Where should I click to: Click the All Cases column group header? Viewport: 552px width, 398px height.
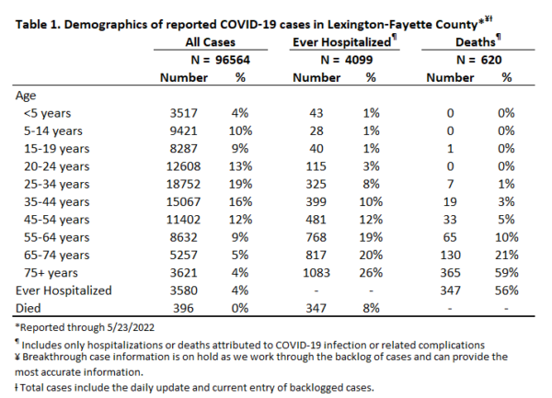pos(210,42)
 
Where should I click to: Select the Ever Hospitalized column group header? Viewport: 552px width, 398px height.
pos(342,42)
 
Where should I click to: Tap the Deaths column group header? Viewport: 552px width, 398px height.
pos(476,42)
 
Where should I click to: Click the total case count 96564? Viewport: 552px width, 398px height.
pos(233,60)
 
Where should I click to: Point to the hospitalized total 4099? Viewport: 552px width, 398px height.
pos(359,60)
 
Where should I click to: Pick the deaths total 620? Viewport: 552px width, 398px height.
pos(491,60)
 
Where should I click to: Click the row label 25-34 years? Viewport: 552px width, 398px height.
pos(57,184)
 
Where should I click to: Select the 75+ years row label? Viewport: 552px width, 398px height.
pos(51,273)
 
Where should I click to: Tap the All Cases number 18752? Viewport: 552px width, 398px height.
pos(183,184)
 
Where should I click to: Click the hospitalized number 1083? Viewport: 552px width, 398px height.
pos(316,273)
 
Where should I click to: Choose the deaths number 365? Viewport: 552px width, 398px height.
pos(450,273)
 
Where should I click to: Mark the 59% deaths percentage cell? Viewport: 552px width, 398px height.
pos(507,273)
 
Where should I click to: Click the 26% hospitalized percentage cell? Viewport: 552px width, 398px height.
pos(371,273)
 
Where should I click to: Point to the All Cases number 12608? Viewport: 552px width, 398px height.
pos(183,166)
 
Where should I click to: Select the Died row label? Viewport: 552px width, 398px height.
pos(29,308)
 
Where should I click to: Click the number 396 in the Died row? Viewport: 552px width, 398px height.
pos(183,308)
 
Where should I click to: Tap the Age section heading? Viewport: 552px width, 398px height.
pos(26,96)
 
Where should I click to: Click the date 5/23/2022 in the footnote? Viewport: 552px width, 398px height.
pos(131,327)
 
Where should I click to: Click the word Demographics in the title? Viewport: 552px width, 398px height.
pos(106,25)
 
